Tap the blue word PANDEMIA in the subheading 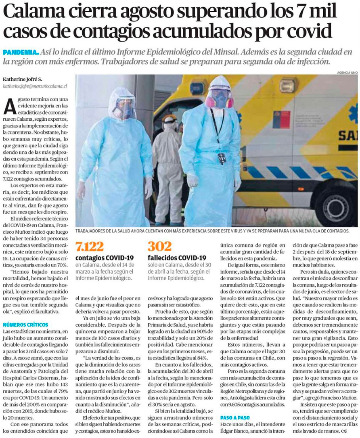point(21,52)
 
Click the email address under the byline point(35,86)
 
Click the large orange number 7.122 point(90,246)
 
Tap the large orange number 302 point(159,246)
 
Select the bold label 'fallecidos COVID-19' point(177,258)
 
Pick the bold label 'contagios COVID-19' point(105,258)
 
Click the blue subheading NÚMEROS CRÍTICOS point(25,324)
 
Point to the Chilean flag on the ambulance point(281,120)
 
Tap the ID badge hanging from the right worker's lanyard point(222,158)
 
